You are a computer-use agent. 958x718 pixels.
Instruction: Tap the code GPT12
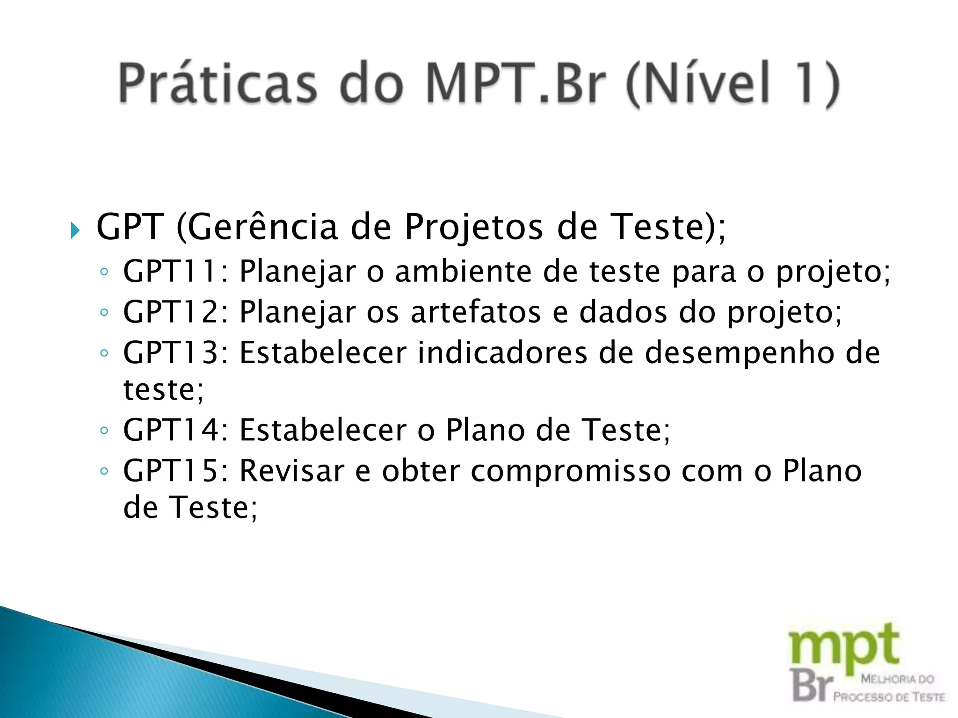click(171, 312)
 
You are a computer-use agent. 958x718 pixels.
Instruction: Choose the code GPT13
click(171, 352)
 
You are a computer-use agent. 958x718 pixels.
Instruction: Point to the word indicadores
click(502, 352)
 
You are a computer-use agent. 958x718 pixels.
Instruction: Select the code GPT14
click(171, 430)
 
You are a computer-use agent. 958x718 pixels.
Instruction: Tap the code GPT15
click(171, 471)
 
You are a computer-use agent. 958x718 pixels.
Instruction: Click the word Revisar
click(292, 471)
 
